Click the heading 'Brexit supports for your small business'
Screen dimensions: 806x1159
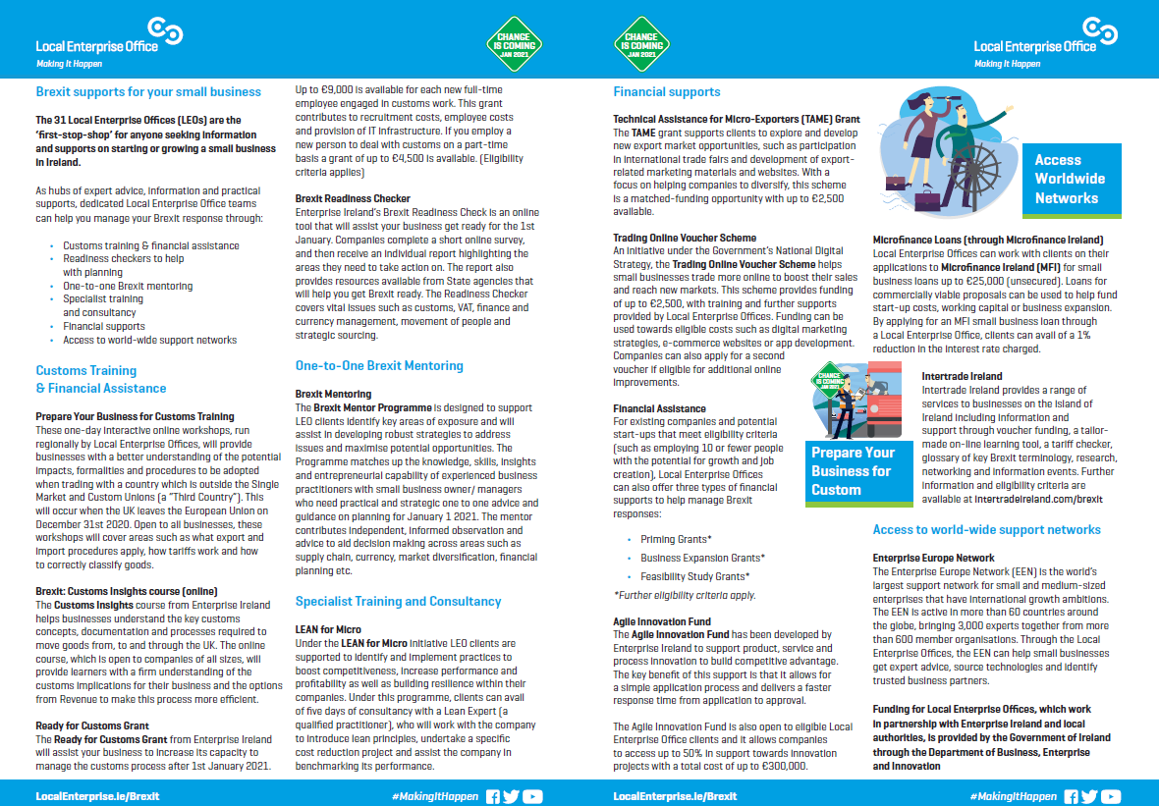click(148, 91)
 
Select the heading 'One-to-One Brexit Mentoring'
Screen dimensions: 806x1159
click(379, 365)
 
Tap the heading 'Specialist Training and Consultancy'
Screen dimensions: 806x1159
click(398, 601)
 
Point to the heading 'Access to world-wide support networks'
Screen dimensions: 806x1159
click(986, 529)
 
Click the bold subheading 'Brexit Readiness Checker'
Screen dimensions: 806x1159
click(353, 198)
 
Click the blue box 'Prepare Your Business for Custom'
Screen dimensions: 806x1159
click(853, 471)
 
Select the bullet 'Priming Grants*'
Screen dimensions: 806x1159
click(676, 539)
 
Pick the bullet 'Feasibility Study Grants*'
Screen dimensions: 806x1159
click(694, 576)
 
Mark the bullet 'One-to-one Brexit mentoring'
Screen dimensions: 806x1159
click(128, 286)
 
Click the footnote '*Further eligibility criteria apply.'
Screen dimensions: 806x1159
click(685, 595)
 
